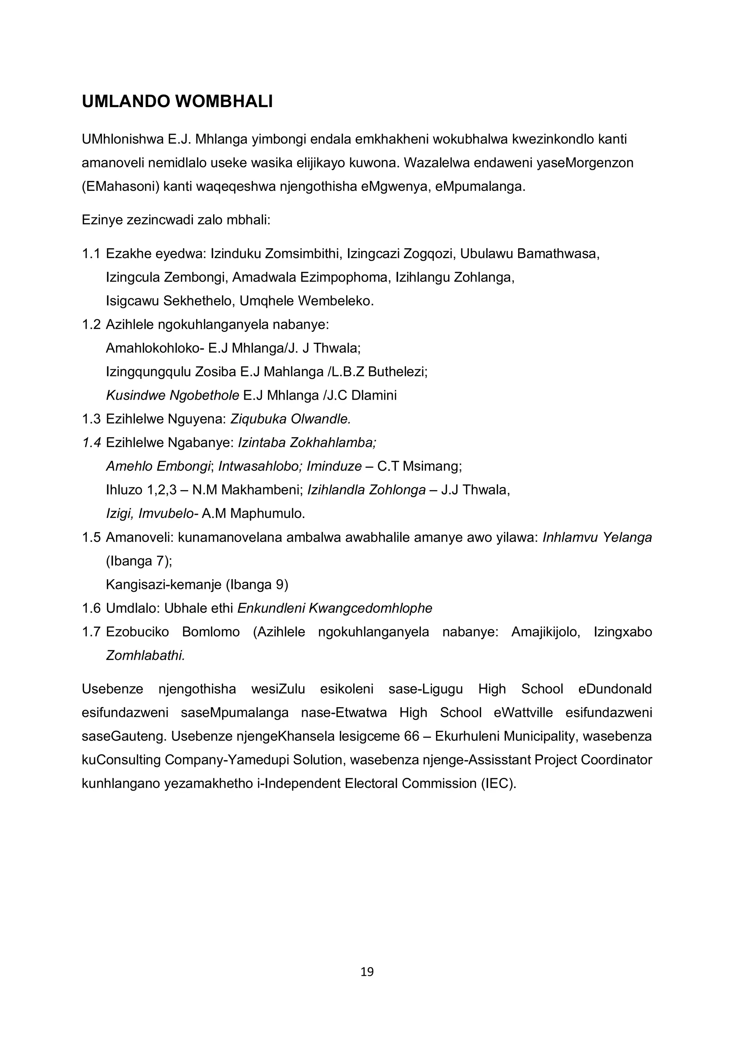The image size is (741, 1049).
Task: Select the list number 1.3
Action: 91,419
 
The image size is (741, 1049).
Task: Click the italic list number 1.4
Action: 91,443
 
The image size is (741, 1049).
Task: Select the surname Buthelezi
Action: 397,372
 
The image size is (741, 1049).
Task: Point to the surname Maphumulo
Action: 267,514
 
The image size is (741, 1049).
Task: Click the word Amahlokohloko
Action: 155,348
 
